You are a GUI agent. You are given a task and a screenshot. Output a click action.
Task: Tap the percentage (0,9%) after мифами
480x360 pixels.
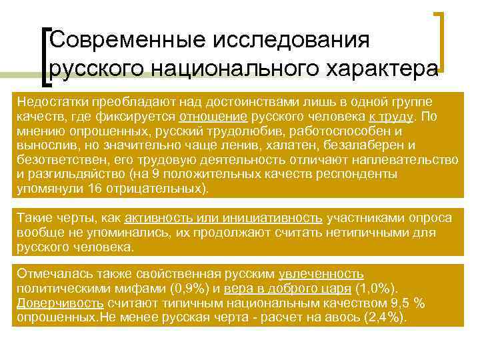(190, 289)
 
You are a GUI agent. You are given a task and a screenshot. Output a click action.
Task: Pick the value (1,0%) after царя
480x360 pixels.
(377, 289)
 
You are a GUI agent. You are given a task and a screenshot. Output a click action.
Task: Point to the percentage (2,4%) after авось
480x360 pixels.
(383, 317)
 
